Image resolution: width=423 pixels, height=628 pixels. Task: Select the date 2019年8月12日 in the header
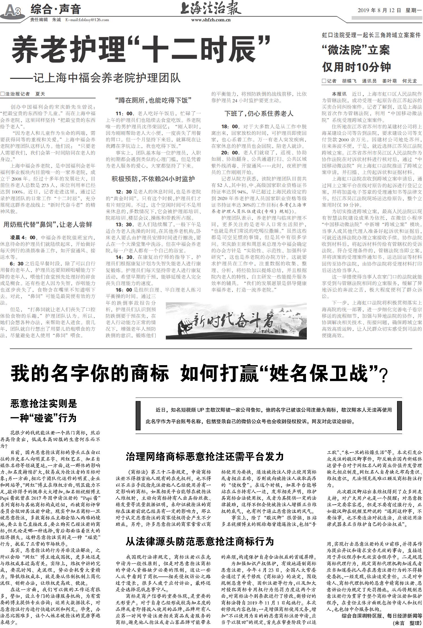[x=379, y=11]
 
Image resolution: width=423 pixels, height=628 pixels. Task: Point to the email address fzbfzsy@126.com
[x=87, y=20]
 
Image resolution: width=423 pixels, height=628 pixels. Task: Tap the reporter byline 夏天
[x=40, y=94]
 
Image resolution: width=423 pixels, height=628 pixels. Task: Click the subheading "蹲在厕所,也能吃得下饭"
[x=153, y=100]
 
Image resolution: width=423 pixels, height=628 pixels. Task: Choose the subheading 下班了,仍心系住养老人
[x=259, y=114]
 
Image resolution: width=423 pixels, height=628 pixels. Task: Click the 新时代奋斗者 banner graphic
[x=236, y=321]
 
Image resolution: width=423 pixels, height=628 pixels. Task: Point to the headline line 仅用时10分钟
[x=356, y=67]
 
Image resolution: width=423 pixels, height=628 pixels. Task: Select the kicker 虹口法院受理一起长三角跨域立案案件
[x=371, y=35]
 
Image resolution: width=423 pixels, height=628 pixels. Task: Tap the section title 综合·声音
[x=56, y=10]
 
